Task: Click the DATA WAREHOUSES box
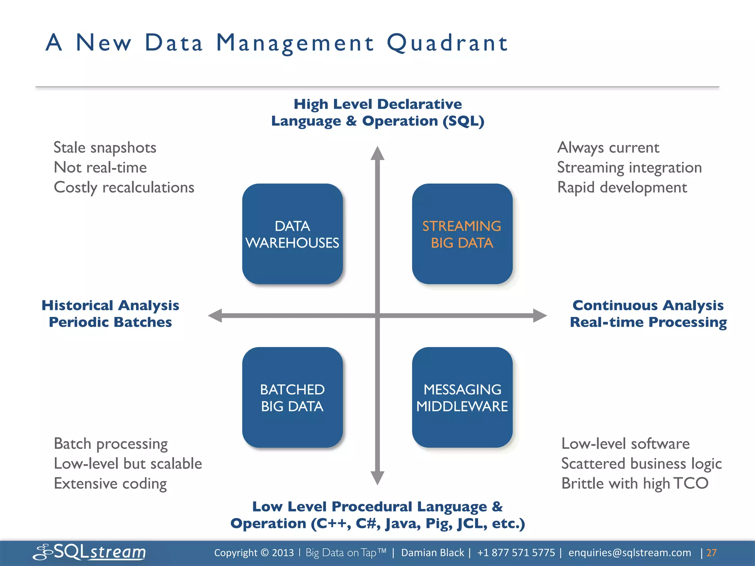[x=292, y=234]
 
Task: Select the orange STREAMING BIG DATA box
[x=462, y=234]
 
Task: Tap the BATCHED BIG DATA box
[x=292, y=397]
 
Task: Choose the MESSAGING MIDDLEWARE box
[x=462, y=397]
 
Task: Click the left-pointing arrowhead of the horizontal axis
[x=215, y=316]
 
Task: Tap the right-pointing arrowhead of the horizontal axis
[x=540, y=316]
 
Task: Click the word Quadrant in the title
[x=447, y=43]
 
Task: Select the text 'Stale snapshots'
[x=105, y=148]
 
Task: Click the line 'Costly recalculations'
[x=124, y=188]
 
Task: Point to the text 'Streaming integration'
[x=629, y=168]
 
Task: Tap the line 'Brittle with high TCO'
[x=634, y=483]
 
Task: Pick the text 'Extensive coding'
[x=110, y=483]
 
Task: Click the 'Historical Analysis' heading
[x=110, y=305]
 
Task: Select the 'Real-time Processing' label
[x=648, y=322]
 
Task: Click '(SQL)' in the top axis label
[x=463, y=121]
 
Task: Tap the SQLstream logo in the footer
[x=90, y=552]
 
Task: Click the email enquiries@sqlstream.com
[x=629, y=553]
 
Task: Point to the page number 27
[x=711, y=553]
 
